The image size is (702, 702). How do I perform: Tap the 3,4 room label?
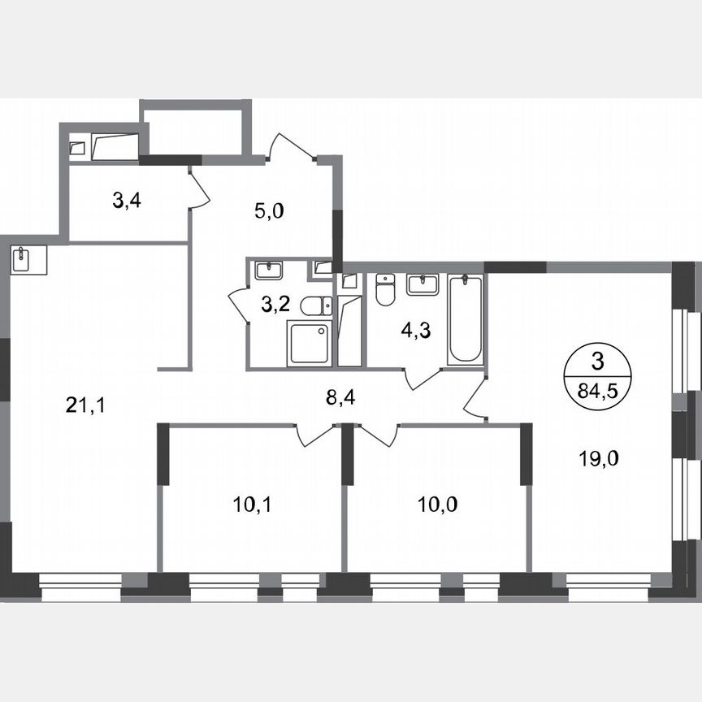pos(128,201)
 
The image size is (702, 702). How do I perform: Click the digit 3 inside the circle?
pos(598,360)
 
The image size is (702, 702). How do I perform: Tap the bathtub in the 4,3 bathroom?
pos(466,319)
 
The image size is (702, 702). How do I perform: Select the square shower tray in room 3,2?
pos(309,342)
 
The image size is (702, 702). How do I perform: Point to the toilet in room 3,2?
pos(315,305)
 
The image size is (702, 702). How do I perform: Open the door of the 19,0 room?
pos(474,401)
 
